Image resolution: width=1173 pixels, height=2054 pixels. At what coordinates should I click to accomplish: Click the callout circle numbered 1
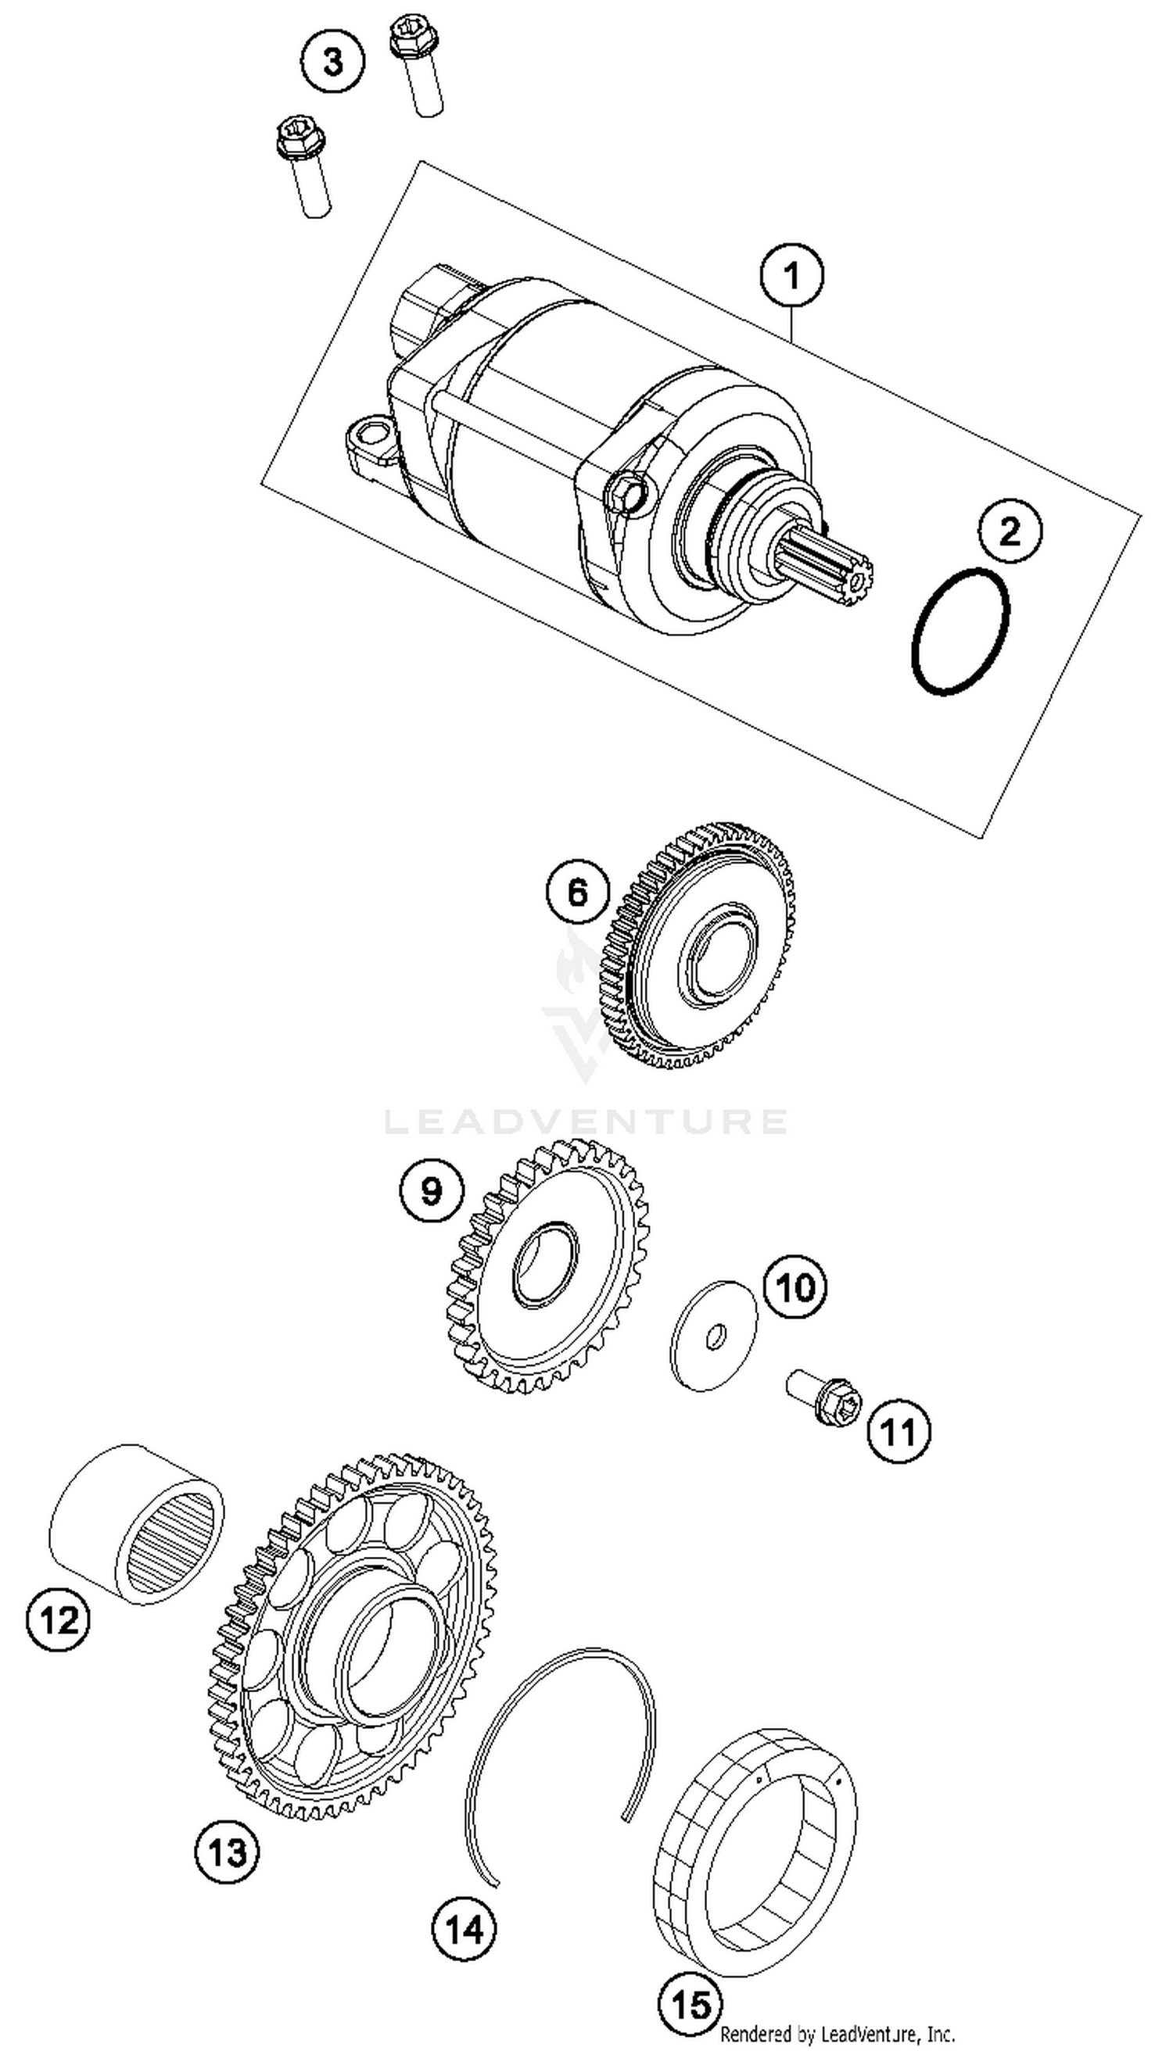tap(792, 276)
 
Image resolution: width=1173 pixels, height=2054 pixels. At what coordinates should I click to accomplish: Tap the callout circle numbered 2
tap(1010, 531)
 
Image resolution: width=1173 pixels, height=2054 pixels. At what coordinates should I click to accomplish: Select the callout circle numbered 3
tap(332, 62)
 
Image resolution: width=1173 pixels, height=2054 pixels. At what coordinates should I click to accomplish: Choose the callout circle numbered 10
tap(795, 1286)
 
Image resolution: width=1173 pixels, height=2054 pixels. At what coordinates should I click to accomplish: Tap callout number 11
tap(899, 1433)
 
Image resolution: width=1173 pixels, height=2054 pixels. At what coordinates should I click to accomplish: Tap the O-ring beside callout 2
tap(960, 633)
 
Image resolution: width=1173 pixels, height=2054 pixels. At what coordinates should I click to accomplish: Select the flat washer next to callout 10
tap(714, 1336)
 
